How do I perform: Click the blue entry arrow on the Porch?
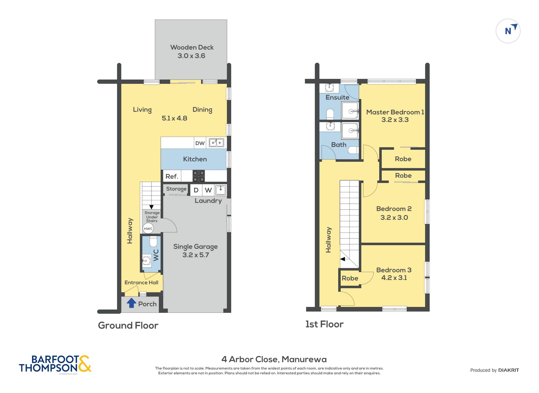(131, 303)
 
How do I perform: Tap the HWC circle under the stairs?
(148, 229)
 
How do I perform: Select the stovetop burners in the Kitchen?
(198, 176)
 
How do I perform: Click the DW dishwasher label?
(200, 143)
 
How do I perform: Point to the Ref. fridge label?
(172, 176)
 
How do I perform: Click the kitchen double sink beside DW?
(216, 143)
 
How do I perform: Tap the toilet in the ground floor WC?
(153, 241)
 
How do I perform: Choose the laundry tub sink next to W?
(221, 190)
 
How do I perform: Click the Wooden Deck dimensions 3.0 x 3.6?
(191, 56)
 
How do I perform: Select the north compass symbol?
(508, 31)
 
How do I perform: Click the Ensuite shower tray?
(350, 110)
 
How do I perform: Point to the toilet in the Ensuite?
(330, 114)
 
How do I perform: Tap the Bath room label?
(339, 145)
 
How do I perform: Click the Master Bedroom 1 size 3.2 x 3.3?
(395, 120)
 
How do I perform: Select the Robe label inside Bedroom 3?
(350, 278)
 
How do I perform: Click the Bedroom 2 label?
(394, 209)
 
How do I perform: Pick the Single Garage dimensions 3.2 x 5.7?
(196, 255)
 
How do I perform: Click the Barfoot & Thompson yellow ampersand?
(84, 364)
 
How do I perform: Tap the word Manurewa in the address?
(304, 359)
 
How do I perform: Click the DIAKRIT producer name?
(508, 370)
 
